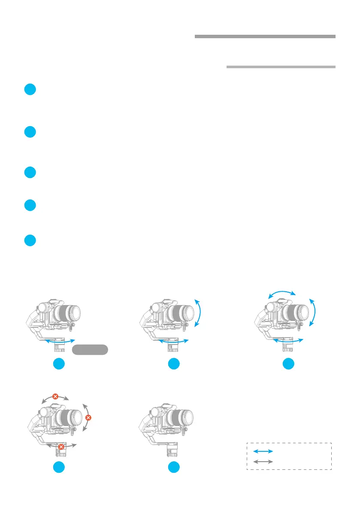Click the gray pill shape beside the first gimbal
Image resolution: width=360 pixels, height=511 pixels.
[x=90, y=349]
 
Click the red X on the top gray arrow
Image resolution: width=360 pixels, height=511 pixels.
[x=55, y=396]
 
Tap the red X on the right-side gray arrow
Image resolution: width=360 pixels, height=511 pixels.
[x=88, y=417]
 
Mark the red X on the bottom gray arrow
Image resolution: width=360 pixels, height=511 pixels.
[x=61, y=447]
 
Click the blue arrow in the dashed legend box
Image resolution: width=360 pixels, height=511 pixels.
[x=263, y=451]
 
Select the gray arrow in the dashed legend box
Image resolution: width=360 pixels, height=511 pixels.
[x=263, y=462]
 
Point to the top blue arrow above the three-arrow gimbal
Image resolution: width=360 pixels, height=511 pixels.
[x=281, y=293]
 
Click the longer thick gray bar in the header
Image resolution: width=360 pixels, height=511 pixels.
[x=265, y=36]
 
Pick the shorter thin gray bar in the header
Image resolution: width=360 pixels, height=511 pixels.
[x=281, y=67]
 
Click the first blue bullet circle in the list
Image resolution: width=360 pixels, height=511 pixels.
[x=30, y=90]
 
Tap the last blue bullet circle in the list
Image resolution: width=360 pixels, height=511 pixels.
[x=30, y=240]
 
